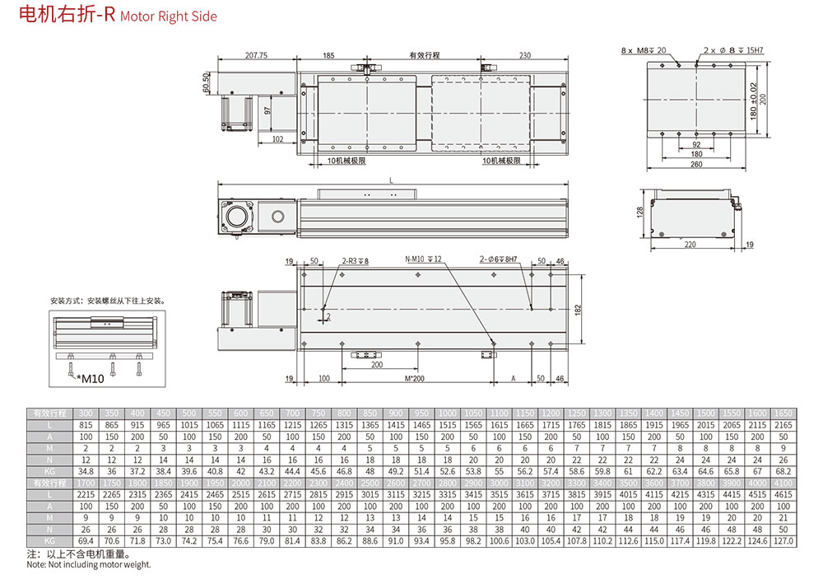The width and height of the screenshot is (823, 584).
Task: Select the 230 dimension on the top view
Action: (x=524, y=56)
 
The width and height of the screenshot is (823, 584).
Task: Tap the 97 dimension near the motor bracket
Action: (x=267, y=110)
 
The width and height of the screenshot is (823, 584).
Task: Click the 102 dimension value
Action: (x=277, y=139)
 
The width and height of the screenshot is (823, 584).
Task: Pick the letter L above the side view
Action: (x=390, y=180)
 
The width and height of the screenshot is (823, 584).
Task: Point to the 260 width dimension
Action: (x=696, y=164)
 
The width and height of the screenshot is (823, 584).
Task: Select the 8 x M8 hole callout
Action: (x=644, y=51)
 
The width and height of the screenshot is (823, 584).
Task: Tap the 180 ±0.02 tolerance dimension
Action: (x=753, y=98)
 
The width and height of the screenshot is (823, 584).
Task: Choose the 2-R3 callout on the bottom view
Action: (x=356, y=260)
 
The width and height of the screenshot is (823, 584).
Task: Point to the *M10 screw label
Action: (x=91, y=380)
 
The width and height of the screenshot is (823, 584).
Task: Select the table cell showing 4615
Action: (x=782, y=493)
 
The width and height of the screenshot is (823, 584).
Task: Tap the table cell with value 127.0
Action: (x=782, y=540)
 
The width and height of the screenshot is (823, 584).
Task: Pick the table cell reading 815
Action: (x=85, y=423)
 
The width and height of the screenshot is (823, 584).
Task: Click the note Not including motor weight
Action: (x=89, y=564)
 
